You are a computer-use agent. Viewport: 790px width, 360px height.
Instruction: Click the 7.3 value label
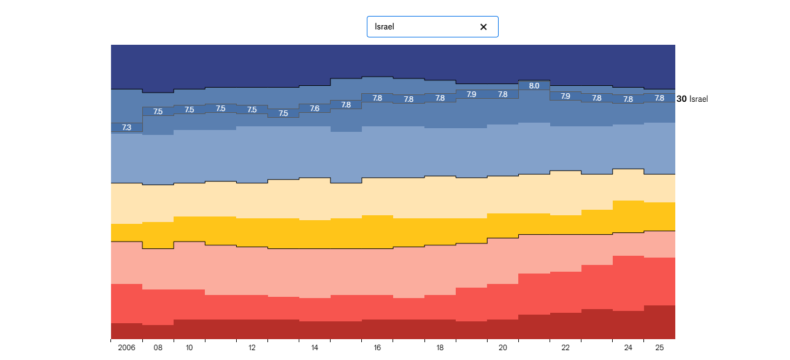[126, 128]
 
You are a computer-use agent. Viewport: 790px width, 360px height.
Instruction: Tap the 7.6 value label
[315, 109]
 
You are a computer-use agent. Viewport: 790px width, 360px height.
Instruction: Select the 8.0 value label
[534, 86]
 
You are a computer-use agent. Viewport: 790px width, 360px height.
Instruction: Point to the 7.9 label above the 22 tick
[566, 96]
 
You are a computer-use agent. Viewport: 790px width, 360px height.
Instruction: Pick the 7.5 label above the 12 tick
[252, 110]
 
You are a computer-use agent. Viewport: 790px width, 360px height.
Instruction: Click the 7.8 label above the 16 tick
[377, 98]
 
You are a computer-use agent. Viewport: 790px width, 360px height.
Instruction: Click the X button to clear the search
[483, 27]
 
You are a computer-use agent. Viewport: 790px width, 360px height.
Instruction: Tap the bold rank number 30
[681, 99]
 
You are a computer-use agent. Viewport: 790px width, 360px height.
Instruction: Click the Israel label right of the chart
[699, 99]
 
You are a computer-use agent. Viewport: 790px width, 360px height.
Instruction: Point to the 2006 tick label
[126, 348]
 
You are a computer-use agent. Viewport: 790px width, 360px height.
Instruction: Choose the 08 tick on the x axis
[158, 348]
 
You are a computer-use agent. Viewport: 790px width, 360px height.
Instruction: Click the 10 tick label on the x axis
[189, 348]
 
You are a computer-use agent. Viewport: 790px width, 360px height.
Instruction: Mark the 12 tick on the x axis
[252, 348]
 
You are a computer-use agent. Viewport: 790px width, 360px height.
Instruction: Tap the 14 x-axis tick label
[315, 348]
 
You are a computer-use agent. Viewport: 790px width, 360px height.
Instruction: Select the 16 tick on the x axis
[377, 348]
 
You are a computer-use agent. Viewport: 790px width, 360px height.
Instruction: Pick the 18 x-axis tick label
[440, 348]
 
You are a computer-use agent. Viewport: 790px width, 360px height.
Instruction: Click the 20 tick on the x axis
[503, 348]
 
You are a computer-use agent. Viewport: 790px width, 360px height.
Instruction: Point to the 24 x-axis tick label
[628, 348]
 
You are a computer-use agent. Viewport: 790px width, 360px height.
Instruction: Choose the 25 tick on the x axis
[659, 348]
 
